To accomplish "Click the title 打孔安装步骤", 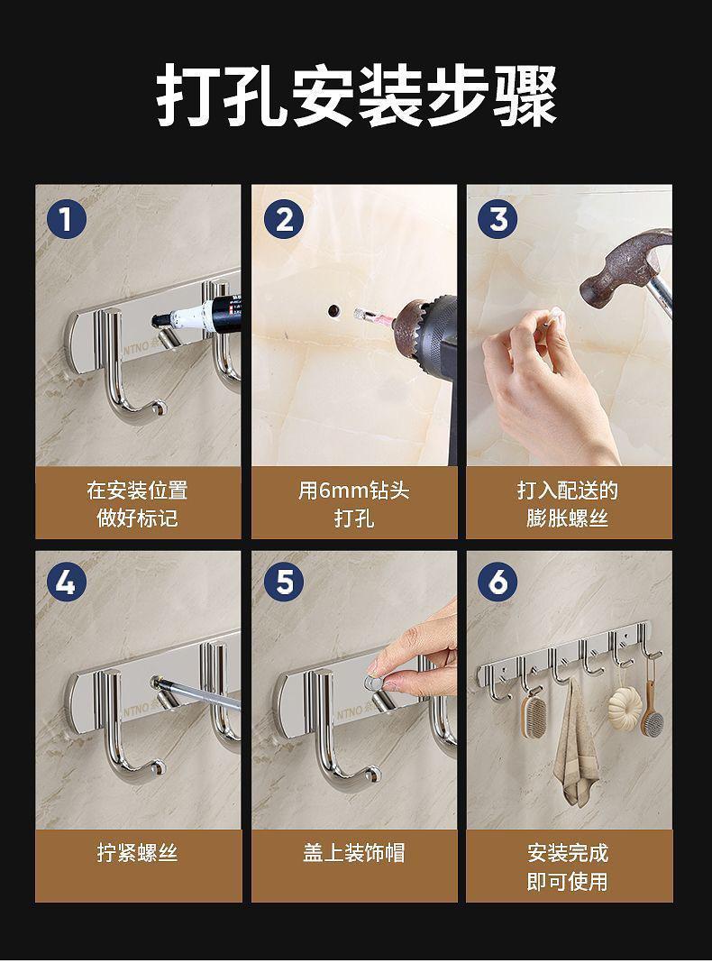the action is tap(356, 96).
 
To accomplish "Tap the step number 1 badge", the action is tap(67, 219).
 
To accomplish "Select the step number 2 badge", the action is tap(283, 219).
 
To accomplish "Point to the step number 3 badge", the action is tap(497, 219).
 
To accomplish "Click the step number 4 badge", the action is tap(67, 582).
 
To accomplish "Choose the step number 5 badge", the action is tap(283, 582).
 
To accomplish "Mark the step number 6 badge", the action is tap(497, 582).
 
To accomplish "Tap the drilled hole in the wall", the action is tap(334, 310).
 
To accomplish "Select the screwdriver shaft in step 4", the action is tap(196, 692).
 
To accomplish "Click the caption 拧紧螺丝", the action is tap(138, 852).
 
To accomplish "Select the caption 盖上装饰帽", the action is tap(354, 852).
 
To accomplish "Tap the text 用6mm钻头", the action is tap(354, 491).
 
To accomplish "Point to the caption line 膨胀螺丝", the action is tap(568, 518).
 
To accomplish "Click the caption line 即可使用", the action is tap(568, 881).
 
